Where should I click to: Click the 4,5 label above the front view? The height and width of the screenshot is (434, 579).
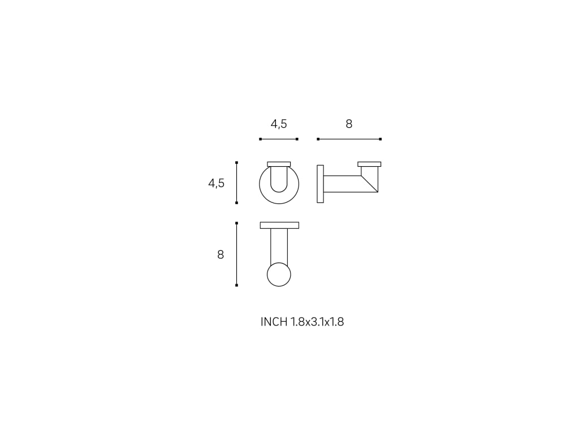coord(279,124)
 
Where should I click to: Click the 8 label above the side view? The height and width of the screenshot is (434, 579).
coord(349,124)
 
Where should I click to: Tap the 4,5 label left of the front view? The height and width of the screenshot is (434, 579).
coord(217,183)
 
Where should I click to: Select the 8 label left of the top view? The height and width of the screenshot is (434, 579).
coord(221,255)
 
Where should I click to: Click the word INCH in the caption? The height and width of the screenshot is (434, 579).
coord(274,322)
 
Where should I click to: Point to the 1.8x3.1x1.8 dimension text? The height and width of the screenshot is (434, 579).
coord(317,322)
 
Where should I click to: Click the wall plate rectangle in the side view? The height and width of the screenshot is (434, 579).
coord(320,184)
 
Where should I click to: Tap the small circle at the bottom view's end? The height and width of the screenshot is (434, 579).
coord(279,274)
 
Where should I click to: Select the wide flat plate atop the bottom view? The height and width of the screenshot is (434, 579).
coord(279,225)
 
